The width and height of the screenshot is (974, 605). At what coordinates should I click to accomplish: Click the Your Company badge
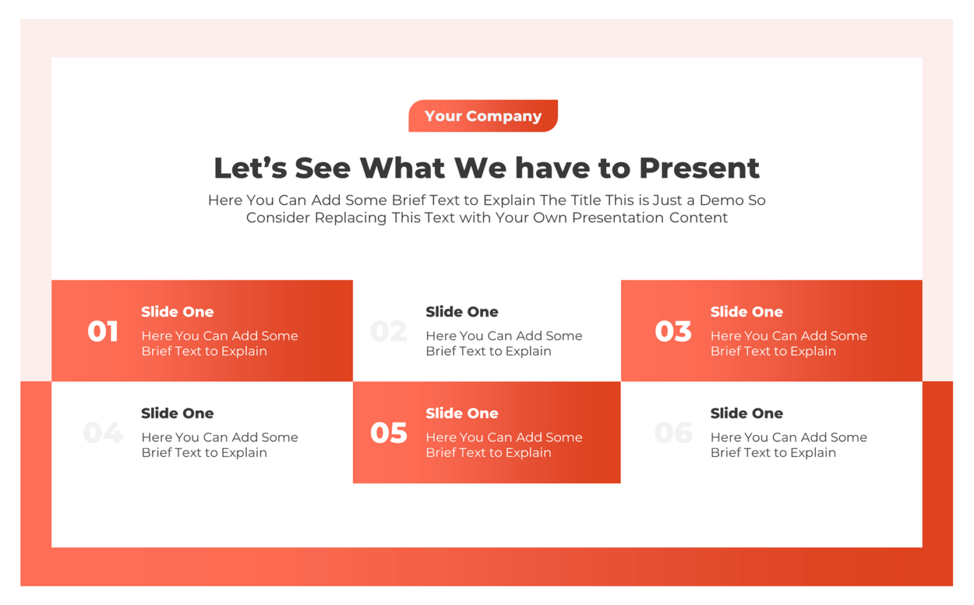coord(483,116)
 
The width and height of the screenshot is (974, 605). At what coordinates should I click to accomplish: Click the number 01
coord(103,332)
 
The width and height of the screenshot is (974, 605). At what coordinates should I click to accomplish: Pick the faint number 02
coord(389,332)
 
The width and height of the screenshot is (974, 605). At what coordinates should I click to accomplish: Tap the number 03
coord(673,332)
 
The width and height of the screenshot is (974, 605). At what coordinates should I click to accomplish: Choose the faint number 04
coord(103,433)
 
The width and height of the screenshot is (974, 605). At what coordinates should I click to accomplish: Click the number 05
coord(389,433)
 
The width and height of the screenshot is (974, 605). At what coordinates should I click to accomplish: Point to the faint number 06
coord(673,433)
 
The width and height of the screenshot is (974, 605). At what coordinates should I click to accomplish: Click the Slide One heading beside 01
coord(178,312)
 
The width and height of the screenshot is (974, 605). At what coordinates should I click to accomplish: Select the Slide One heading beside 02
coord(462,312)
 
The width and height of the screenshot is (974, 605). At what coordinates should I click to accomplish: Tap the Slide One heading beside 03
coord(746,312)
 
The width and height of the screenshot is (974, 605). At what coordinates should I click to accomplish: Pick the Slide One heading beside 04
coord(178,413)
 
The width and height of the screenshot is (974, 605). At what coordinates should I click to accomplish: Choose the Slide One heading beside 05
coord(462,413)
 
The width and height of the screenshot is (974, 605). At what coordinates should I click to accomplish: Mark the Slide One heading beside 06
coord(746,413)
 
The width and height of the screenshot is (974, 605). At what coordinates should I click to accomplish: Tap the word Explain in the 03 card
coord(814,351)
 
